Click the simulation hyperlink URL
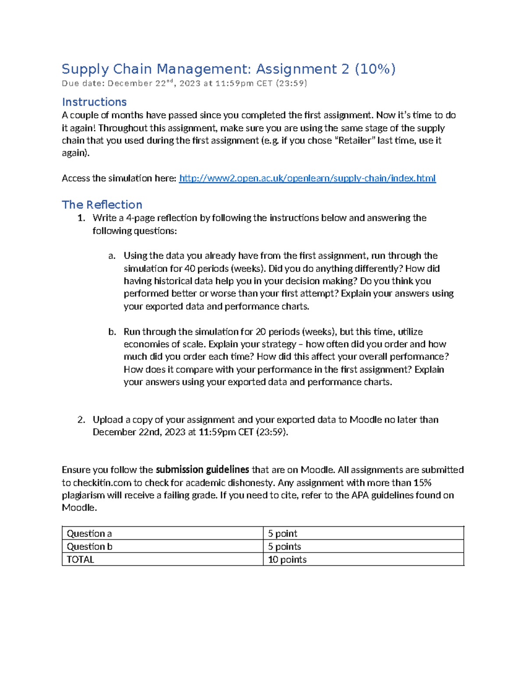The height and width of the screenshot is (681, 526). pos(307,178)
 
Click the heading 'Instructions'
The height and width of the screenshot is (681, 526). pos(94,102)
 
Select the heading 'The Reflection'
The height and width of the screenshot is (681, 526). pos(102,205)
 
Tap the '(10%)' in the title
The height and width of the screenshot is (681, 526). pos(375,69)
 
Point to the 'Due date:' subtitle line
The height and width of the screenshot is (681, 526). pos(184,83)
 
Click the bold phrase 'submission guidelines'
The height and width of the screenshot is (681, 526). pos(202,470)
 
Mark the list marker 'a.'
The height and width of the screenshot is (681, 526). pos(112,256)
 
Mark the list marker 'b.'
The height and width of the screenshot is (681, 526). pos(112,332)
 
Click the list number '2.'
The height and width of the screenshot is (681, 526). pos(81,420)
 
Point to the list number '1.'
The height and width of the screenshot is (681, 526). pos(81,218)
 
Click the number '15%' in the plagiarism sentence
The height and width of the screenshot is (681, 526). pos(422,483)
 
